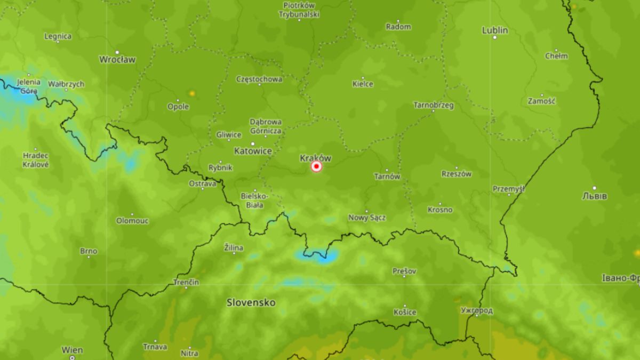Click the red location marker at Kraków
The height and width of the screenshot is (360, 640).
317,167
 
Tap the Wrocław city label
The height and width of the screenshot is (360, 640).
117,59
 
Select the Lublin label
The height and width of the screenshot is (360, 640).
494,30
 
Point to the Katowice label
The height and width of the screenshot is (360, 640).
253,151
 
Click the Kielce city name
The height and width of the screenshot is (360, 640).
363,84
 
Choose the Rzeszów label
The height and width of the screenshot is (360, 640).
457,174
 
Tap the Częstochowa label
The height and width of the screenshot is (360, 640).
259,79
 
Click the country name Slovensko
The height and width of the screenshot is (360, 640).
251,302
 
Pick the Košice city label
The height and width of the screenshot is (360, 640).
404,312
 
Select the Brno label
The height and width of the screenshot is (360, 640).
89,251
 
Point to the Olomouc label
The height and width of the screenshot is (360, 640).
132,220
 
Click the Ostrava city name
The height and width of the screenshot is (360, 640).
203,183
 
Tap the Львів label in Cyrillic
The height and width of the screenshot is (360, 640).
594,196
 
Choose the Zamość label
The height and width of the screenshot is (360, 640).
542,101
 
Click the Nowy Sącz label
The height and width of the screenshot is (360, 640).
367,218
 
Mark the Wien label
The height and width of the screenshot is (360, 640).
72,350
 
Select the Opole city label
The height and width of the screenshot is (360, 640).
178,107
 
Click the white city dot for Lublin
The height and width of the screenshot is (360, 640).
494,37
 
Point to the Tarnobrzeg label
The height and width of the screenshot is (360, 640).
434,105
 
